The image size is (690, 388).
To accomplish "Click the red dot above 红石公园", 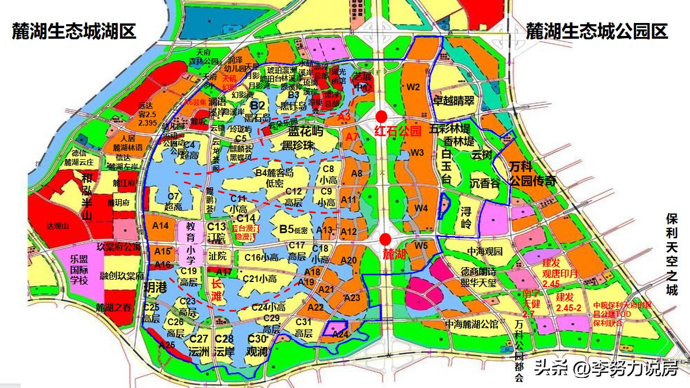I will pos(382,117).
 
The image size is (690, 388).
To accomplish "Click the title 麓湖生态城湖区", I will pos(74,31).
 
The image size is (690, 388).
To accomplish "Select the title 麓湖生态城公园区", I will pos(596,31).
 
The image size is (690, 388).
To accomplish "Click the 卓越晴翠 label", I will pos(453,100).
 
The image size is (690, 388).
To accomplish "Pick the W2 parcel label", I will pos(414,87).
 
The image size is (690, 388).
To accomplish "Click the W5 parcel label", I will pos(421,244).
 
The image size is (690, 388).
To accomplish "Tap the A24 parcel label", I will pos(341,334).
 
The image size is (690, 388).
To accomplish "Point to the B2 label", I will pos(257,105).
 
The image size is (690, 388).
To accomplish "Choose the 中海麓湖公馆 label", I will pos(471,324).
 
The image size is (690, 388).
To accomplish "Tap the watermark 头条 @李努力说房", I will pos(605,368).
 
